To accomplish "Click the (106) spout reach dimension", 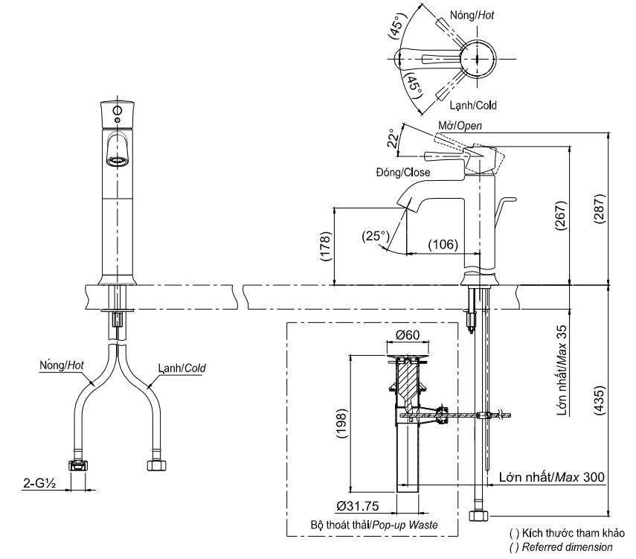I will (x=442, y=243).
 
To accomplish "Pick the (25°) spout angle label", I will (x=376, y=237).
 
